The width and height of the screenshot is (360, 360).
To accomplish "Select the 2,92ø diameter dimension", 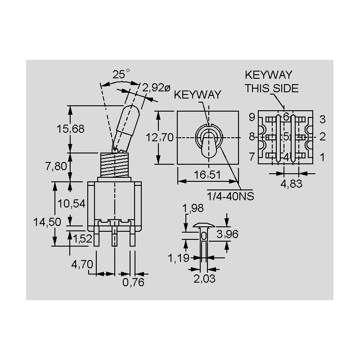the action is pos(156,87).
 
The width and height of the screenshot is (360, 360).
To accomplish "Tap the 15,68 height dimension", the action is pos(71,129).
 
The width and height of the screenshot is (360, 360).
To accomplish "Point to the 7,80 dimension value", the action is pos(56,166).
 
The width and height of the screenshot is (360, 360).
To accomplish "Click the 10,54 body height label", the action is pos(72,204).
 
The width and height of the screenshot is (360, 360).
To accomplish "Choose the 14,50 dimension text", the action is pos(47,222).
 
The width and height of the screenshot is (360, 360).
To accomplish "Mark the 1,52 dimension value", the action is pos(83,239).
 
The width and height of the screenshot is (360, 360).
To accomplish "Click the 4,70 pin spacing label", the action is pos(82,264).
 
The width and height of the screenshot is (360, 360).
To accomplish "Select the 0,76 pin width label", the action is pos(133,282).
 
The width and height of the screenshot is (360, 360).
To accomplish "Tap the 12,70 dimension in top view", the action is pos(160,138).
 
